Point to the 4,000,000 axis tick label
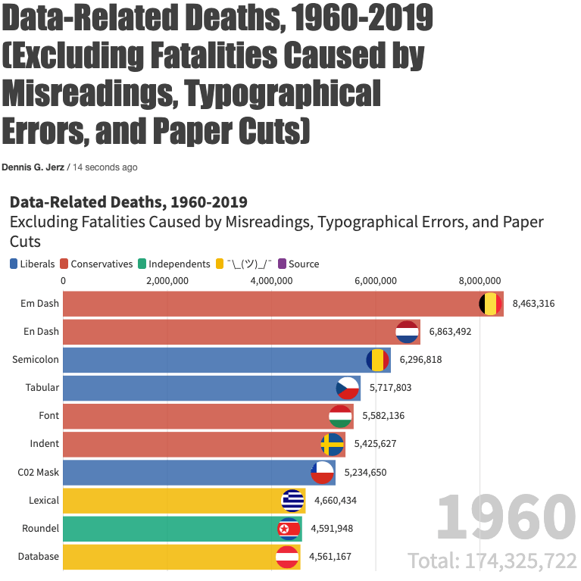tap(271, 281)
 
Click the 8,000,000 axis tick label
tap(479, 281)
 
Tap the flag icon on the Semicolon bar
tap(377, 360)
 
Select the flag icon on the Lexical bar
tap(292, 500)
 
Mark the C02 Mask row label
tap(38, 472)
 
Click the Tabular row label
tap(42, 388)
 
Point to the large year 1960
tap(505, 518)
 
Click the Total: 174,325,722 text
tap(492, 561)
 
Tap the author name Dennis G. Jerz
tap(33, 167)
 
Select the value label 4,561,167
tap(330, 557)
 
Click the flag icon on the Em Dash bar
tap(490, 305)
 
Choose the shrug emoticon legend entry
tap(245, 264)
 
